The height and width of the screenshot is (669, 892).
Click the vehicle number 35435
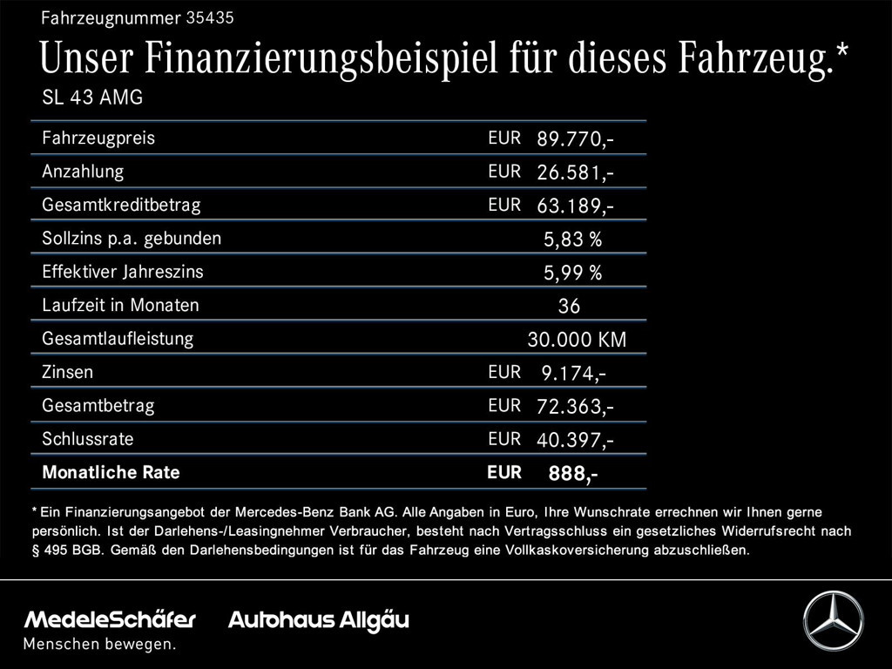210,17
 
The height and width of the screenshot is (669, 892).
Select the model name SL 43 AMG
92,98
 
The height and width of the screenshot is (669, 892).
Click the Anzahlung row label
83,172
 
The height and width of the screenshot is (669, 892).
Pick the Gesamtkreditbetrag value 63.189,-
575,206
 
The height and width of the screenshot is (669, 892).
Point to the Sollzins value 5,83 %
572,240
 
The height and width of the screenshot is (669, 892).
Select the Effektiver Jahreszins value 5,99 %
572,274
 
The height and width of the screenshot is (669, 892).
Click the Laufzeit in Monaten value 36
569,307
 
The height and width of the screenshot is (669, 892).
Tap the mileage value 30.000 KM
576,340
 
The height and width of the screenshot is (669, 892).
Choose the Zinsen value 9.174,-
573,374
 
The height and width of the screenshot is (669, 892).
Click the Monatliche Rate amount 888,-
572,474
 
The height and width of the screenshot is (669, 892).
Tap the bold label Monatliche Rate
111,473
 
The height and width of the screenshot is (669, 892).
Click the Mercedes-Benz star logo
833,620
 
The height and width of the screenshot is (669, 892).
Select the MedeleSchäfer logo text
110,620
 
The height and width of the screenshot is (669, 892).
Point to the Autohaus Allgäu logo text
318,620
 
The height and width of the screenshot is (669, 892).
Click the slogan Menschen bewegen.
99,645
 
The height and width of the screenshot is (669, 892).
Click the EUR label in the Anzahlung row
504,172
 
